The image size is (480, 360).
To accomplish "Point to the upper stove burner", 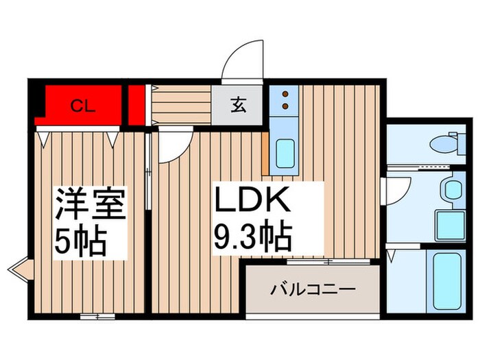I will [x=285, y=93].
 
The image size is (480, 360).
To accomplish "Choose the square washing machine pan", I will [x=451, y=224].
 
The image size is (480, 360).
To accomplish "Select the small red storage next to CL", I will [x=137, y=106].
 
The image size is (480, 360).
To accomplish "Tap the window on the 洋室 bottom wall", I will [x=97, y=317].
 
